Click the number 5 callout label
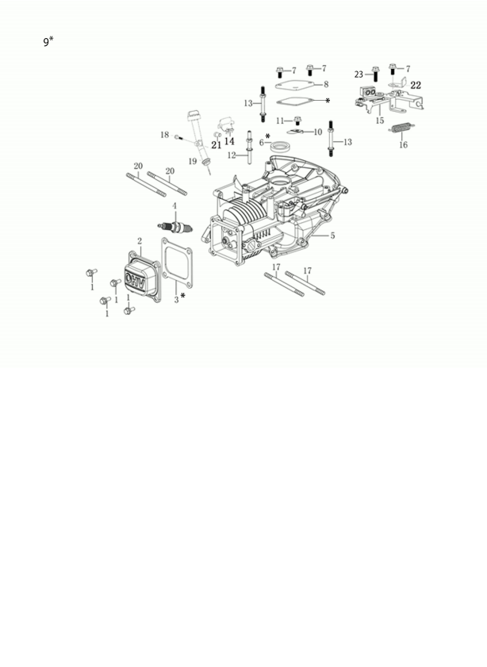point(332,236)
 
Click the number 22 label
point(416,85)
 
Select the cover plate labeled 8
point(295,83)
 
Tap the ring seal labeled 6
point(279,147)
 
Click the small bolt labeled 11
point(297,121)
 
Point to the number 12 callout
point(232,155)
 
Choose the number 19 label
point(193,161)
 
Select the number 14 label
point(229,141)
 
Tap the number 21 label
point(216,144)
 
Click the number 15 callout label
point(380,121)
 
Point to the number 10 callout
point(318,132)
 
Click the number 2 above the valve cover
point(140,240)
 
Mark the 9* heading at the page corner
point(48,41)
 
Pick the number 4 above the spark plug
point(174,206)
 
